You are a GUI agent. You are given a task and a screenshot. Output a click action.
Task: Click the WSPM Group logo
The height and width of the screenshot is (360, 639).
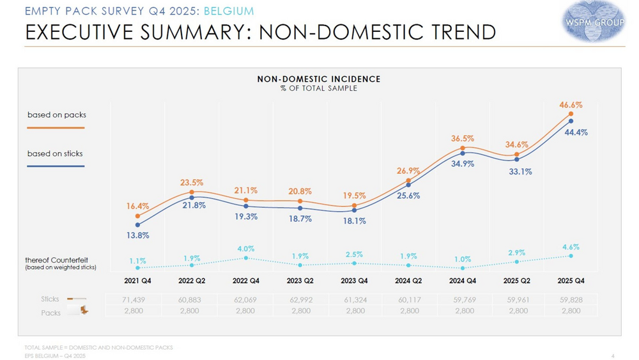click(x=594, y=22)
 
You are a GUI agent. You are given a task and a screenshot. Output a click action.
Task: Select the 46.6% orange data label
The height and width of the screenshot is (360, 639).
click(x=571, y=105)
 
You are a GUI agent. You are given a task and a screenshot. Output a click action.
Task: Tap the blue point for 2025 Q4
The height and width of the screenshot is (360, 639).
click(x=571, y=121)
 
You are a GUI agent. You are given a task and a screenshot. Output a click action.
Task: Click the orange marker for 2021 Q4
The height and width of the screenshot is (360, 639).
click(x=138, y=216)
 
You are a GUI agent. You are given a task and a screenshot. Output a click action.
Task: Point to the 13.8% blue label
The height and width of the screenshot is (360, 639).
click(x=138, y=235)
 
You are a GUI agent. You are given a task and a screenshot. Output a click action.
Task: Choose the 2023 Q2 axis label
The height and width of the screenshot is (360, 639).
click(x=300, y=281)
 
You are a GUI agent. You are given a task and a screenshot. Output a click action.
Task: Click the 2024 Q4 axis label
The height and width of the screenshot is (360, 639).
click(x=463, y=281)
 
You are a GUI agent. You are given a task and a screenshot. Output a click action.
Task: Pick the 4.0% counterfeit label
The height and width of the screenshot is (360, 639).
click(x=246, y=249)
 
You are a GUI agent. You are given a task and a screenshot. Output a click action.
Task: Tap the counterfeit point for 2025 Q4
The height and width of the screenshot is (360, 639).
click(x=571, y=256)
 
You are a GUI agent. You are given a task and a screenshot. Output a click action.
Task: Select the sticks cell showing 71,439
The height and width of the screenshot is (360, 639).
click(x=138, y=299)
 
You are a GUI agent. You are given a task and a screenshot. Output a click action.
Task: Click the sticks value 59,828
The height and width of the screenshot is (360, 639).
click(x=571, y=299)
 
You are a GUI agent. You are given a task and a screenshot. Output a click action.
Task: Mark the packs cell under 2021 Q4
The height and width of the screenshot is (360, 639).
click(x=138, y=311)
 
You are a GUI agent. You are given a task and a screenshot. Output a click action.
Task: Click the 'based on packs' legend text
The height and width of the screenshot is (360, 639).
click(x=57, y=115)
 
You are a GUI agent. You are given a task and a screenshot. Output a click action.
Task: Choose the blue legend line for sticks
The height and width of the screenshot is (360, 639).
click(x=56, y=166)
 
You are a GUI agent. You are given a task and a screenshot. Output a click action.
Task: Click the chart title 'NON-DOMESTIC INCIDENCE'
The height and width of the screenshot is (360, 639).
click(x=319, y=79)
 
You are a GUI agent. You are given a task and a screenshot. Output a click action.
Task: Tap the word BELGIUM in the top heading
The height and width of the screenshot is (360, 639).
click(x=229, y=12)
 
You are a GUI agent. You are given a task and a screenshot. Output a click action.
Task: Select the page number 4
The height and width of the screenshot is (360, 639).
click(x=613, y=356)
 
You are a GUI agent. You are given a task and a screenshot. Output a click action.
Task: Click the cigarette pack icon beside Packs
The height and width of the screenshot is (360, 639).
click(x=81, y=310)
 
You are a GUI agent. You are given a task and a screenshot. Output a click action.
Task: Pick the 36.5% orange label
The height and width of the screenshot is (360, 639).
click(x=463, y=138)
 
